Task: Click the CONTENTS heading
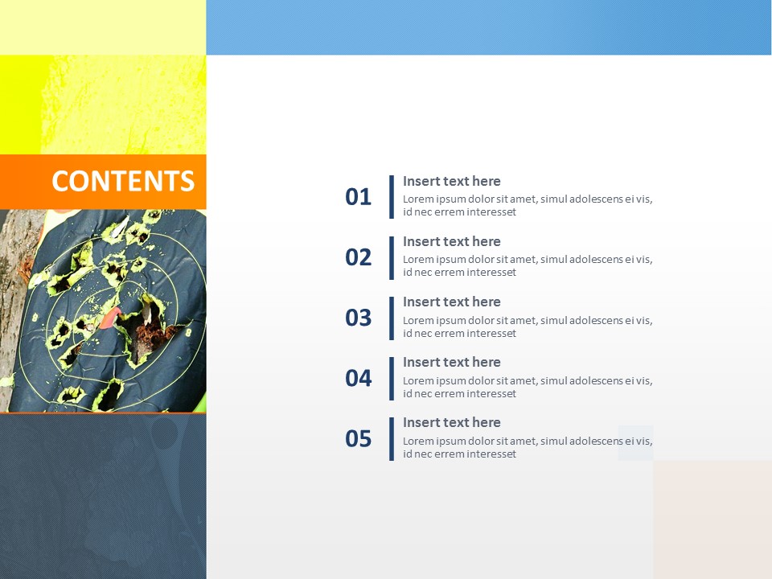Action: (x=123, y=181)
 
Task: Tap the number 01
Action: (x=359, y=197)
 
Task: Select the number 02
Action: (x=359, y=257)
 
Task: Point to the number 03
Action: (x=359, y=318)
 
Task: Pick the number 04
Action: (x=359, y=378)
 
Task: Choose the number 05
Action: (x=359, y=438)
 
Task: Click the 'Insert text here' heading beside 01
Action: (x=451, y=181)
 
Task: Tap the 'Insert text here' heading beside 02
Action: (x=451, y=241)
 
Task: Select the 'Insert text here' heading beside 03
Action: (x=451, y=302)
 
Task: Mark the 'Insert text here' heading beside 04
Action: (x=451, y=362)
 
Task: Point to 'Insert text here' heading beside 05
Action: (x=451, y=422)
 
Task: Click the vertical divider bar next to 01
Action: (x=392, y=197)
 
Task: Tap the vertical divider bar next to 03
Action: (x=392, y=318)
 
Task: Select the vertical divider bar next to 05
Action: (x=392, y=438)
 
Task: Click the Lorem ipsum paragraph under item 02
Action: (x=527, y=266)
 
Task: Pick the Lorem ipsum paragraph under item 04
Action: (x=527, y=387)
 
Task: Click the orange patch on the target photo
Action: (x=110, y=317)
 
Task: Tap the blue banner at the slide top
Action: (x=488, y=27)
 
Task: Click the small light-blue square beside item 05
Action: (x=635, y=443)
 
